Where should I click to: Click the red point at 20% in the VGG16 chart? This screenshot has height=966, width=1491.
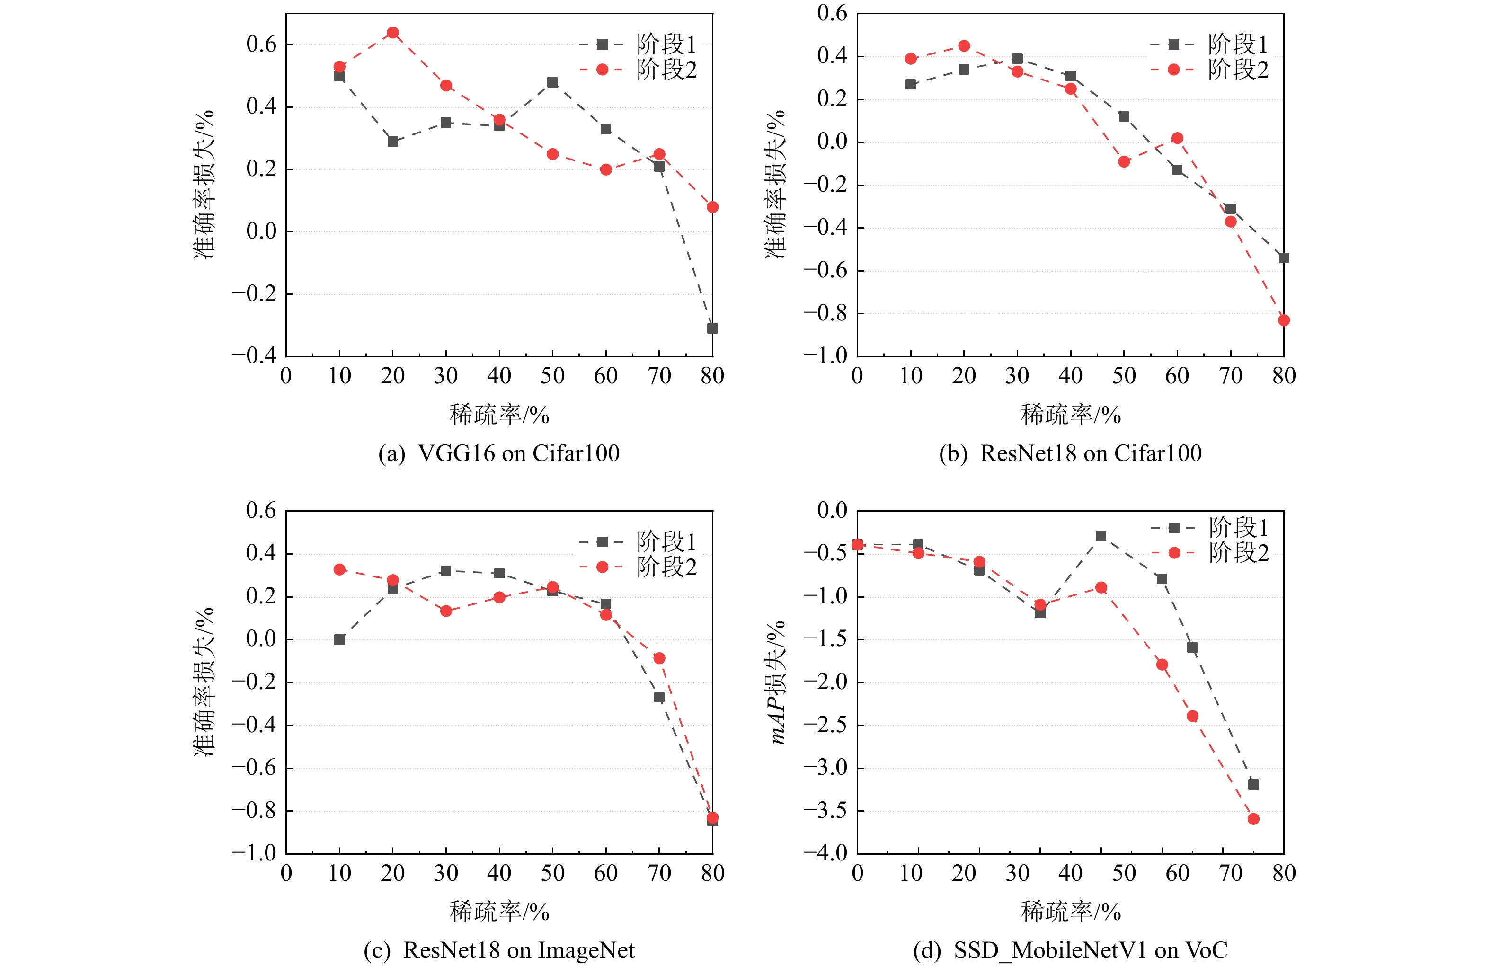[x=393, y=33]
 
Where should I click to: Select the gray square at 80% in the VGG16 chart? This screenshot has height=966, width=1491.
[x=712, y=328]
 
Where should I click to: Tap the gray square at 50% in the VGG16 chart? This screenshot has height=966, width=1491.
[x=552, y=82]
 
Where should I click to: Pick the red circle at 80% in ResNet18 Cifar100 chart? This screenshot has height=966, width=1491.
[x=1284, y=320]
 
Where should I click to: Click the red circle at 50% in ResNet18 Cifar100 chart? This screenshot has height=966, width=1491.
[x=1124, y=161]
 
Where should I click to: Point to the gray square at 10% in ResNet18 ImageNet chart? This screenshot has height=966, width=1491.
[x=339, y=639]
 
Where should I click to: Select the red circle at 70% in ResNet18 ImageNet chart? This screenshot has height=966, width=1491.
[x=659, y=658]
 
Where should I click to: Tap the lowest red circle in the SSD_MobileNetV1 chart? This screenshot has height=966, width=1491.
[x=1253, y=819]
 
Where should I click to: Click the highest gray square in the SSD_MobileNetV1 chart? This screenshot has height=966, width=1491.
[x=1100, y=536]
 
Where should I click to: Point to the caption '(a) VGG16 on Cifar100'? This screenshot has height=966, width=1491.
[x=499, y=453]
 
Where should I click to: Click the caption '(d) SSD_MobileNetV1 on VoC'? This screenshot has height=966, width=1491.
[x=1070, y=950]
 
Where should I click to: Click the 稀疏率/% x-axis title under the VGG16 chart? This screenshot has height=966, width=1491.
[x=499, y=415]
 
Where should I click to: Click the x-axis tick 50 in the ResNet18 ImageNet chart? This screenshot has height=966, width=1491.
[x=552, y=873]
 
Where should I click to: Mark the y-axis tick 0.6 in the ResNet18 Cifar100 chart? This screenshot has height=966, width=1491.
[x=832, y=13]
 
